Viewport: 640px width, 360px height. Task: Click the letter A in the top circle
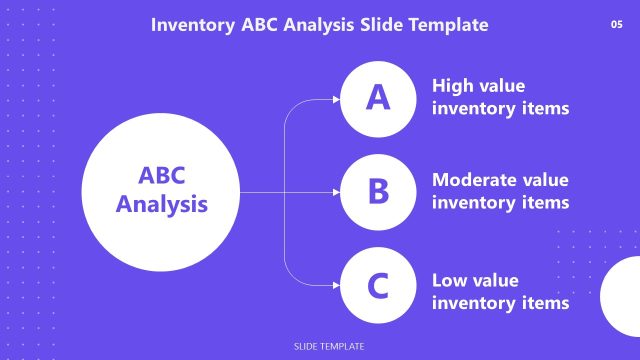[x=377, y=98]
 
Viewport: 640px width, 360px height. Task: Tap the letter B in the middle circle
[x=377, y=191]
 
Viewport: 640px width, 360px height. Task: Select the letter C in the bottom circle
[x=377, y=286]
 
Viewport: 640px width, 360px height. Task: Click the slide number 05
[x=616, y=24]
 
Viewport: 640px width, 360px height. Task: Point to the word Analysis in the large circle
[x=162, y=205]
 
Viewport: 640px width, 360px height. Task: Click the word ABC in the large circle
[x=162, y=176]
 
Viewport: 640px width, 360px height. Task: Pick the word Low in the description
[x=449, y=280]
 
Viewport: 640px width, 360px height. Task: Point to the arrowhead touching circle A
[x=336, y=99]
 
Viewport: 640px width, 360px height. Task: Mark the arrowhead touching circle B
[x=336, y=192]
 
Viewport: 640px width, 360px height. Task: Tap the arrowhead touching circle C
[x=336, y=285]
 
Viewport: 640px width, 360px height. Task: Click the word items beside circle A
[x=545, y=108]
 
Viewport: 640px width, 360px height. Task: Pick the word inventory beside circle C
[x=474, y=302]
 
